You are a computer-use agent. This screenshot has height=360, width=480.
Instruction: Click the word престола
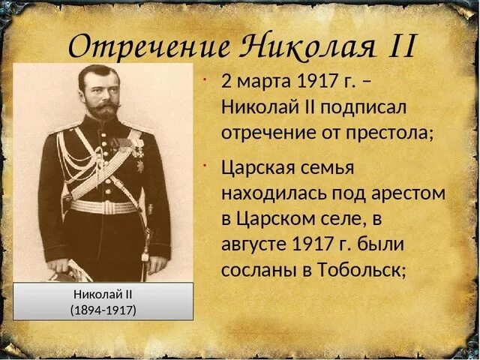click(x=385, y=133)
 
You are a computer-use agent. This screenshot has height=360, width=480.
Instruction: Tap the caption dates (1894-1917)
click(x=103, y=309)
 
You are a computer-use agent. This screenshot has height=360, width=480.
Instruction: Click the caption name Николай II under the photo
click(x=103, y=294)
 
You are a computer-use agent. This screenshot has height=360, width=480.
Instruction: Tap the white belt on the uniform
click(x=103, y=205)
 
